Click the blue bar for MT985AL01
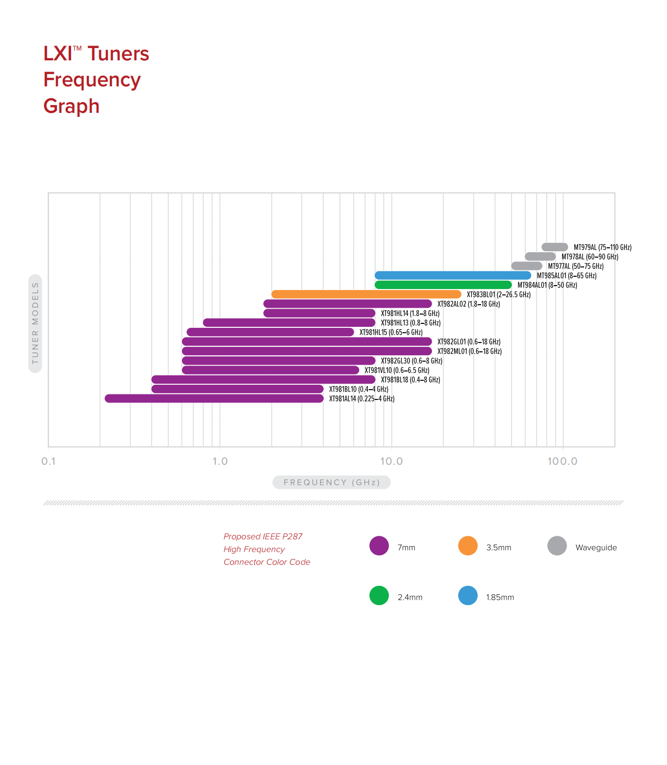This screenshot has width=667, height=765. [x=453, y=275]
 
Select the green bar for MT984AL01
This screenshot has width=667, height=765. [x=443, y=285]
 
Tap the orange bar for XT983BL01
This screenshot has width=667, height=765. [x=366, y=294]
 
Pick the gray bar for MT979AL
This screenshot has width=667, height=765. [x=555, y=247]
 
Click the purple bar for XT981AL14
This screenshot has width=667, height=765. [x=214, y=398]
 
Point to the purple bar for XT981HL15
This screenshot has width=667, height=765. [x=270, y=332]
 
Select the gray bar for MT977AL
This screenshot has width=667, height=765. [x=527, y=266]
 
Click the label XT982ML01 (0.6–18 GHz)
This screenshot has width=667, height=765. [x=469, y=351]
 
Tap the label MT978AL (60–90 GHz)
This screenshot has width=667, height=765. [x=590, y=257]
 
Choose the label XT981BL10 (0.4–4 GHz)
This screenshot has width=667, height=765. [x=359, y=389]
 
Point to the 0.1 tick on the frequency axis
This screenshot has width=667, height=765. [x=49, y=461]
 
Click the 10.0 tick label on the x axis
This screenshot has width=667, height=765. [x=391, y=461]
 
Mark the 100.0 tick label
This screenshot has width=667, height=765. [x=563, y=461]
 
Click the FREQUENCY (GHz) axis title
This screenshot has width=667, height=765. [x=332, y=482]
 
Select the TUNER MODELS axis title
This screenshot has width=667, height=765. [x=35, y=323]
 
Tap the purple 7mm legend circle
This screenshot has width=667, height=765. [x=379, y=546]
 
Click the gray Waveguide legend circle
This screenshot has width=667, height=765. [x=557, y=546]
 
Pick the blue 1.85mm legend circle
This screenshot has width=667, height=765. [x=468, y=595]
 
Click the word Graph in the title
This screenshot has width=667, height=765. [x=72, y=106]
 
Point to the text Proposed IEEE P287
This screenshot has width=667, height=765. [x=263, y=536]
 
